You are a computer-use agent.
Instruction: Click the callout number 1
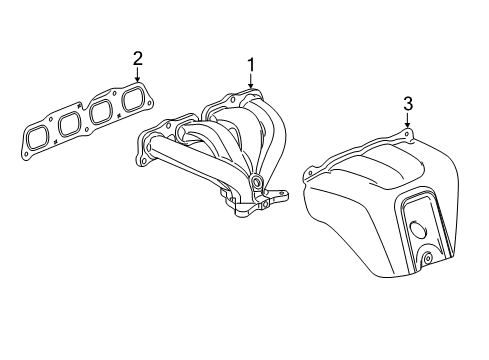point(250,66)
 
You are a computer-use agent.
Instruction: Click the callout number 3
point(408,103)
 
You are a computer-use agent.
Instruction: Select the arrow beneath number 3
point(408,122)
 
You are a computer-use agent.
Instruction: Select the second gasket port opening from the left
point(69,123)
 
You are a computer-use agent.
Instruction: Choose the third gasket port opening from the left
point(101,110)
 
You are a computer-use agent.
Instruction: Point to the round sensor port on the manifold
point(256,182)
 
